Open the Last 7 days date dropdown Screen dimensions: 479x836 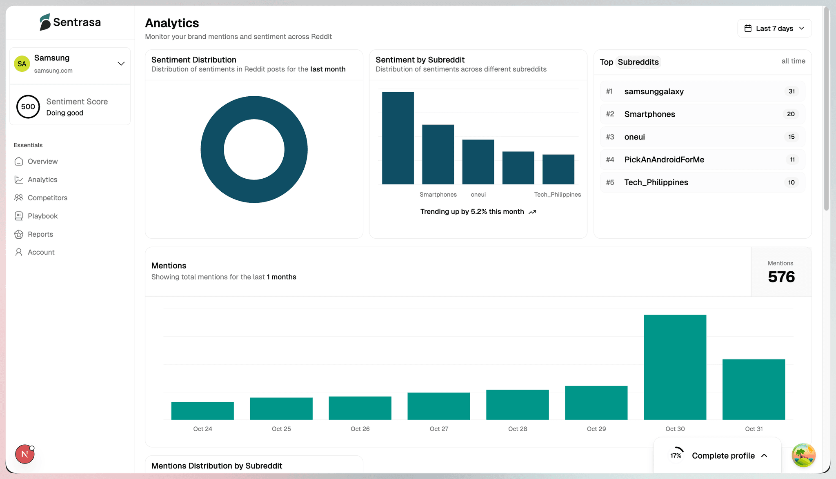click(774, 28)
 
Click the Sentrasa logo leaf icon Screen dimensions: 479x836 click(45, 22)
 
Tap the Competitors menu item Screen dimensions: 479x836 click(47, 198)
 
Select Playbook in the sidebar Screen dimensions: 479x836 click(42, 216)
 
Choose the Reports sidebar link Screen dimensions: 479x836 click(40, 234)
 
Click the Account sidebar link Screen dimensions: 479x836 click(41, 252)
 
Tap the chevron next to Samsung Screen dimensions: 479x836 click(121, 64)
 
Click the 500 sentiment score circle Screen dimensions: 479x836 click(28, 107)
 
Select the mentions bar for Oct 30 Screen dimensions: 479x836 click(675, 367)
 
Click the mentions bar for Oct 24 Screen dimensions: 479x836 click(202, 410)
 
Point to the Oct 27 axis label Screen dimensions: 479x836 click(439, 429)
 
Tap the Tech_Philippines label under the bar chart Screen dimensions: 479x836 click(557, 195)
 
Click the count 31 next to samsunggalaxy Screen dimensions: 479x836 click(792, 91)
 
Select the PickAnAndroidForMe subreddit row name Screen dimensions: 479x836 click(664, 160)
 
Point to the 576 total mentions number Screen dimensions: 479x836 click(781, 277)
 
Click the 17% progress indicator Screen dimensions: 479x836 click(676, 455)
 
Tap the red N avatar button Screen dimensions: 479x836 click(24, 454)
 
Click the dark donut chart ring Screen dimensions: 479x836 click(212, 149)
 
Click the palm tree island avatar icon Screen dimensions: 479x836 click(803, 455)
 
